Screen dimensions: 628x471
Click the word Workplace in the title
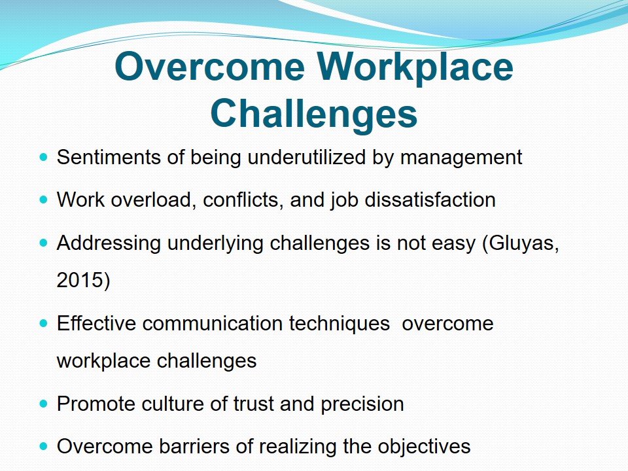(x=415, y=68)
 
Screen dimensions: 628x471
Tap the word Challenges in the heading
(x=313, y=114)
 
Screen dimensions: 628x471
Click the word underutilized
(x=306, y=157)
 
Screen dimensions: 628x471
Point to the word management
(x=461, y=158)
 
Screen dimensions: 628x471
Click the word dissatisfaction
(x=430, y=200)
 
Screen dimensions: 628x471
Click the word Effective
(x=96, y=323)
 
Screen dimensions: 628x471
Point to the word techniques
(x=340, y=324)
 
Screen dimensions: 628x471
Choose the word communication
(x=212, y=323)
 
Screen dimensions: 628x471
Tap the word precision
(x=362, y=404)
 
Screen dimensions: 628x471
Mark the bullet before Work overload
(x=44, y=200)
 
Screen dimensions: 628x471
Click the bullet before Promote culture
(x=44, y=404)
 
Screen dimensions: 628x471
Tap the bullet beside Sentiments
(x=44, y=156)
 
